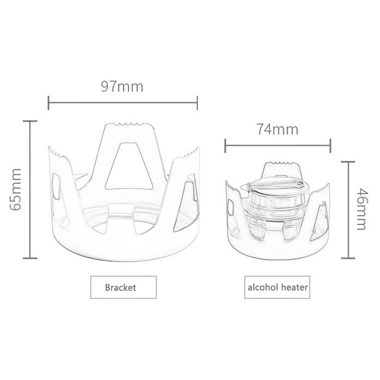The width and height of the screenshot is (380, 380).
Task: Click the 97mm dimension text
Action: tap(122, 87)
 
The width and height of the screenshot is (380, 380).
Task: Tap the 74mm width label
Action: tap(277, 129)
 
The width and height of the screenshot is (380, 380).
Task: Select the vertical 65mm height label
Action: tap(15, 189)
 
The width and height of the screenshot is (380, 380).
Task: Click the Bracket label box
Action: tap(121, 287)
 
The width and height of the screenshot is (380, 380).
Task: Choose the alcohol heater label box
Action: tap(278, 287)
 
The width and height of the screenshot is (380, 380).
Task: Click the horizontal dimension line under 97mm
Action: tap(123, 102)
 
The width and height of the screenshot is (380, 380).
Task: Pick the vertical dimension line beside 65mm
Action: tap(30, 189)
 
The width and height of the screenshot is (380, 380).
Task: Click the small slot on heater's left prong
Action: tap(229, 207)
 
